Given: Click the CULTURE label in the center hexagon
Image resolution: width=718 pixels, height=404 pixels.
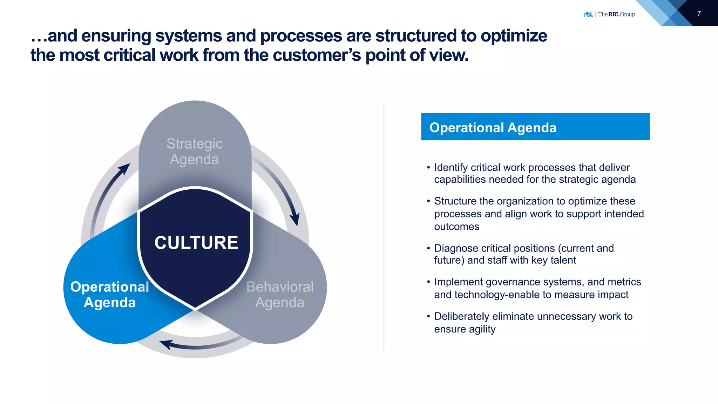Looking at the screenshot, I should tap(196, 243).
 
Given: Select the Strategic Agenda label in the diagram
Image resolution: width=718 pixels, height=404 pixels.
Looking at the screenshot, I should tap(195, 151).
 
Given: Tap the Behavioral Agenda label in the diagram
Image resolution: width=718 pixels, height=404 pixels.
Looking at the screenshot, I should tap(280, 295).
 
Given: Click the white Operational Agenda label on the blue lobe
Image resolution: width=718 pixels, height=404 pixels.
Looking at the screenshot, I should tap(110, 295).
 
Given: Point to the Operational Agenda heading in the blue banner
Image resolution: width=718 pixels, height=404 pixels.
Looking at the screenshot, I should tap(493, 128).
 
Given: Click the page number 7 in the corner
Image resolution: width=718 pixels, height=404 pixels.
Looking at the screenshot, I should tap(699, 14).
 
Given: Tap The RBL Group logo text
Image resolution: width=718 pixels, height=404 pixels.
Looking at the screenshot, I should tap(616, 14).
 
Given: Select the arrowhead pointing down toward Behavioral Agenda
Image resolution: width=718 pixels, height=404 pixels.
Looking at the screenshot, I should tap(295, 219).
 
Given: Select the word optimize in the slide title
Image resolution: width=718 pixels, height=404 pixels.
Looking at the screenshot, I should tap(514, 36).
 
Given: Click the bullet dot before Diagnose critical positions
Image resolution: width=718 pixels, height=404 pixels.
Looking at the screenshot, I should tap(428, 248).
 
